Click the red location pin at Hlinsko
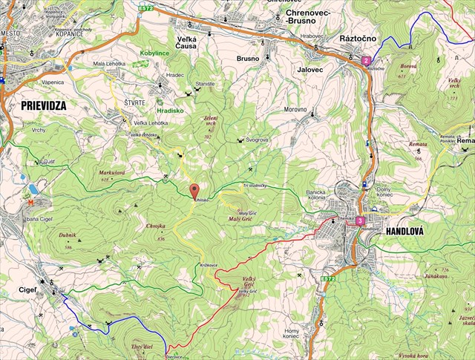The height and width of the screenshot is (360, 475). click(x=195, y=191)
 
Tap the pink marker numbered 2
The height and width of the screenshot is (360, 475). click(x=366, y=60)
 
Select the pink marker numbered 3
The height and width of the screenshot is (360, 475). click(x=359, y=220)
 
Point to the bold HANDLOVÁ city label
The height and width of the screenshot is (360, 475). click(x=404, y=232)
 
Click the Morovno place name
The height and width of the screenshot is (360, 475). click(x=295, y=109)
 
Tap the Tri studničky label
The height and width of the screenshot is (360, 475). click(x=260, y=185)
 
